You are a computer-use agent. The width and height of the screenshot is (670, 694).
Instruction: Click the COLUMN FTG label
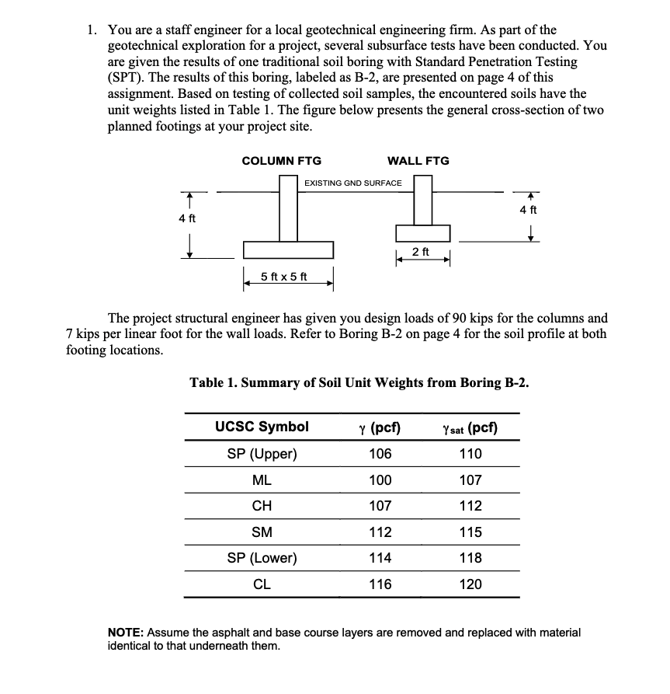[x=281, y=161]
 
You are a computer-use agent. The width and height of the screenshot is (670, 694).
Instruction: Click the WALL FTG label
[x=418, y=161]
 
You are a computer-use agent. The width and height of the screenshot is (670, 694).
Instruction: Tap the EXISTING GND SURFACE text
[x=352, y=183]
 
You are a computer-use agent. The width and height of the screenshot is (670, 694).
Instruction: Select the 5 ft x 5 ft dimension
[x=283, y=277]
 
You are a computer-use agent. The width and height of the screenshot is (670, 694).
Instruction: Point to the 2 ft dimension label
[x=422, y=251]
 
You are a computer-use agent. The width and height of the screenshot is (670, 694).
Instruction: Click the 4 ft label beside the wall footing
[x=529, y=210]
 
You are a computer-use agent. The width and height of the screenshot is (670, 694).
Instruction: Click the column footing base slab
[x=288, y=249]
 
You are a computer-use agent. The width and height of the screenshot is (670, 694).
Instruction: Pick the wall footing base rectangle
[x=422, y=232]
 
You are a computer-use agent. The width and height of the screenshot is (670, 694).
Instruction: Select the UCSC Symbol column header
[x=262, y=427]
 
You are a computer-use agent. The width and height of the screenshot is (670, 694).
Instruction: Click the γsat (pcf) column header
[x=470, y=427]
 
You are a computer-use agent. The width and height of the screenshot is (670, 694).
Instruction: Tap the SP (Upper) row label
[x=262, y=454]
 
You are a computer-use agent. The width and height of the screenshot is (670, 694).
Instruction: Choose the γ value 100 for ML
[x=380, y=480]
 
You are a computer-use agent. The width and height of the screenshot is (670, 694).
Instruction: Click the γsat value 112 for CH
[x=470, y=506]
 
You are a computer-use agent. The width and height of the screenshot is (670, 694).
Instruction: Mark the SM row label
[x=262, y=532]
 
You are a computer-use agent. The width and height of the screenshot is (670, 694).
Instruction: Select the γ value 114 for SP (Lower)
[x=380, y=558]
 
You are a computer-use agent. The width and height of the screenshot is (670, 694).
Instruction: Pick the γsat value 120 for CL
[x=470, y=584]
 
